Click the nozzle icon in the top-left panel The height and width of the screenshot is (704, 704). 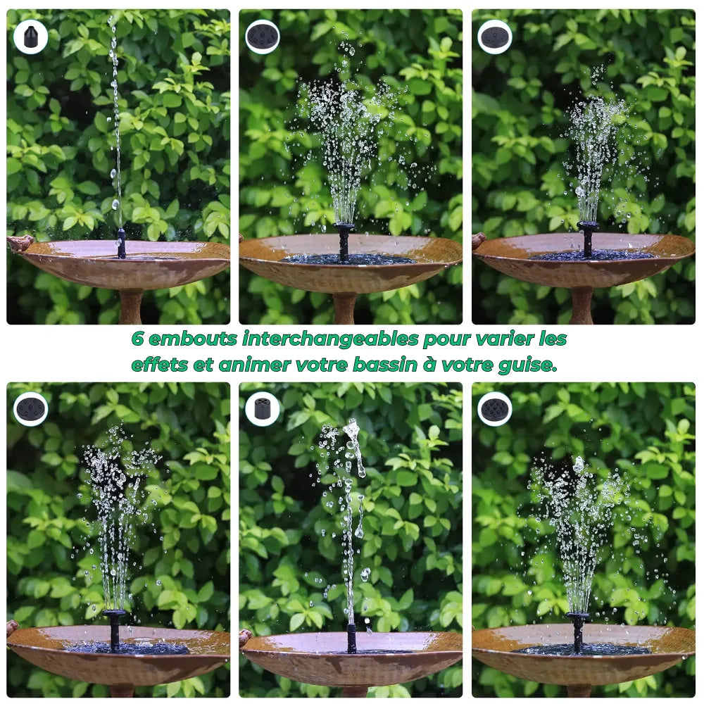[x=30, y=37]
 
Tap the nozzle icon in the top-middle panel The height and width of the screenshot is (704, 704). [x=263, y=37]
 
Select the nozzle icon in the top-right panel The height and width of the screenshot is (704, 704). [x=495, y=37]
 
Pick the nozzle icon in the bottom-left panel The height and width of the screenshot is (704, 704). [x=30, y=409]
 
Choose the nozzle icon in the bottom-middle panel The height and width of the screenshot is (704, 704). [x=263, y=409]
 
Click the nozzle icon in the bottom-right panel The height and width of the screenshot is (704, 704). [x=495, y=409]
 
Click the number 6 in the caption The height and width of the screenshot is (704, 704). [x=138, y=339]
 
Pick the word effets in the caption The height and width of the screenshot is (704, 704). [x=153, y=365]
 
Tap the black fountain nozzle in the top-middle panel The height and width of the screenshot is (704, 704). [x=344, y=241]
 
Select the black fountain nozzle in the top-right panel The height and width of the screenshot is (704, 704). [x=588, y=239]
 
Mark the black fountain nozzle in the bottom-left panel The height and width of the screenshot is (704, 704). [x=114, y=629]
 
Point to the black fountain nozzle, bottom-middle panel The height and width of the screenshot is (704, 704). [x=351, y=637]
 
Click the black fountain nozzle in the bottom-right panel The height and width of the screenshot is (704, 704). [x=578, y=630]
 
